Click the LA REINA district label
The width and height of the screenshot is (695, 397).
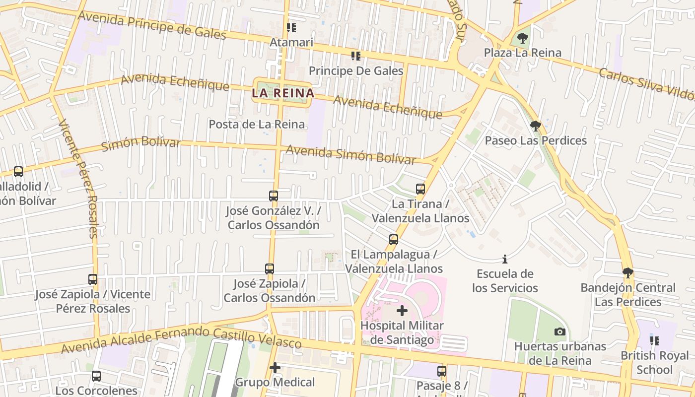(x=283, y=93)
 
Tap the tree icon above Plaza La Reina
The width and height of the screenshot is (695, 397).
(x=522, y=38)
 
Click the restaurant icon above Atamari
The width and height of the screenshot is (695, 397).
(x=291, y=28)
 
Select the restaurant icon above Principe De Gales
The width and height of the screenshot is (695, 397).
(x=355, y=56)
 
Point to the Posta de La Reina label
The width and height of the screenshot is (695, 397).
(x=257, y=124)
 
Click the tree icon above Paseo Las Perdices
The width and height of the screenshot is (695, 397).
(x=535, y=126)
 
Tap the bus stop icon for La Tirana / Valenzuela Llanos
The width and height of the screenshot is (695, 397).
(x=420, y=189)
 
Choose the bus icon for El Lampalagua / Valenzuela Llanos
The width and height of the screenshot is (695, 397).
(x=394, y=240)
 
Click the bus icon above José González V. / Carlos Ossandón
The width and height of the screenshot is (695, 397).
(x=274, y=196)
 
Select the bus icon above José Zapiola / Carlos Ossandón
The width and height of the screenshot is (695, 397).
(x=270, y=269)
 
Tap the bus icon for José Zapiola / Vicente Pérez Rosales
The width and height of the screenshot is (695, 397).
(x=93, y=279)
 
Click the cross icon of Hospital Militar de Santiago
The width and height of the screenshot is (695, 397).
(x=402, y=311)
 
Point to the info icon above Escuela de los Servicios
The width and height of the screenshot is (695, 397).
(x=505, y=259)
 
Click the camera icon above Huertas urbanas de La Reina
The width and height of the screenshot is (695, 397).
(x=560, y=331)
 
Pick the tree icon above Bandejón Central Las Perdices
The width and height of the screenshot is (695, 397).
(x=628, y=273)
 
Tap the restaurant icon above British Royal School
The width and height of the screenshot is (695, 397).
(x=655, y=341)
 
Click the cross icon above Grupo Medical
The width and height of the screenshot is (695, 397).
(x=275, y=368)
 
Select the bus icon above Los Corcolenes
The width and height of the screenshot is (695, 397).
(x=96, y=376)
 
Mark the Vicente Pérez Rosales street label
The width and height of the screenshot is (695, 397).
(x=78, y=179)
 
